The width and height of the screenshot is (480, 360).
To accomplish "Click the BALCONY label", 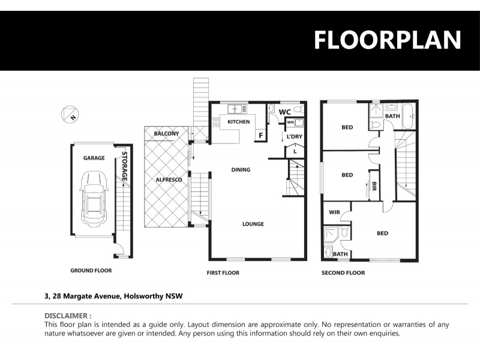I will (166, 133).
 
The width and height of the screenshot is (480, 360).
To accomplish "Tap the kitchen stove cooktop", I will (215, 122).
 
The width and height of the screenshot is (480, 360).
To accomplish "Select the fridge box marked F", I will (260, 136).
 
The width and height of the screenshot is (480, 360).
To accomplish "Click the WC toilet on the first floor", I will (298, 110).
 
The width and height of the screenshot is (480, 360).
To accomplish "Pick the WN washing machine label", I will (290, 122).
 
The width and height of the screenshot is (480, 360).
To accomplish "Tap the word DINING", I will (241, 170).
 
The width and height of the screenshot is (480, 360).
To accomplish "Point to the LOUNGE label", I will (253, 224).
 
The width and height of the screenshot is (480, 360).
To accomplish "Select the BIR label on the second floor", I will (374, 186).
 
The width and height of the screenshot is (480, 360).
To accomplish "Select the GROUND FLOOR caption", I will (91, 271).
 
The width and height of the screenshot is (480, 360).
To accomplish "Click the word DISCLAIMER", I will (68, 315).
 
